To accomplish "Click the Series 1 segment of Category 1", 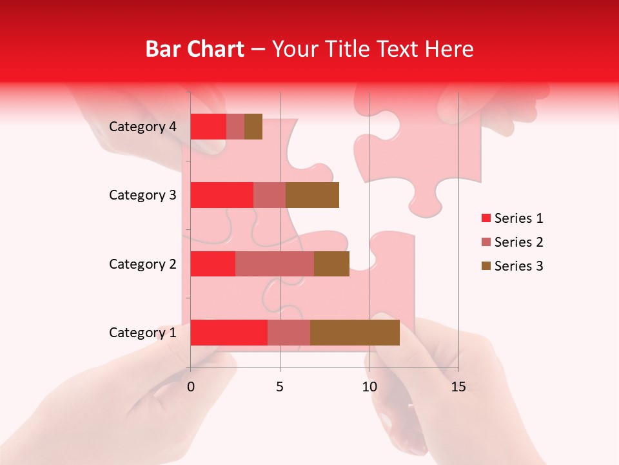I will (229, 333).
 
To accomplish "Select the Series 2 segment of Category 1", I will (289, 333).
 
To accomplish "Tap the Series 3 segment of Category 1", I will (355, 333).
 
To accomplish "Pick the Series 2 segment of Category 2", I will (275, 263).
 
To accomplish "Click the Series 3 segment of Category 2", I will (331, 263).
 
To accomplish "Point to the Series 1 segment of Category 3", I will (222, 195).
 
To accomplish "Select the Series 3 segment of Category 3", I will (312, 195).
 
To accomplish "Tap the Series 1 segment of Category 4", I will (208, 127).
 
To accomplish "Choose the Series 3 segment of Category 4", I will (253, 127).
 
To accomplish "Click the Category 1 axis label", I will (142, 333).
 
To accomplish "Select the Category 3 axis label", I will (142, 195).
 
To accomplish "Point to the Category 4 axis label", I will (142, 127).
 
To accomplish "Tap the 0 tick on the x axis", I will (191, 387).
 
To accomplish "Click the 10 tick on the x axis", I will (369, 387).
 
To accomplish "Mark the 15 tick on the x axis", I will (458, 387).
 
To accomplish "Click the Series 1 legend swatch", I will (486, 218).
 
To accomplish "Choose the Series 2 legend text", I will (518, 242).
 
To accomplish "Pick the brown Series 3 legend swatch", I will (486, 266).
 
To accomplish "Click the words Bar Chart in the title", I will (195, 49).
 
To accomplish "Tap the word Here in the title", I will (449, 49).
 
